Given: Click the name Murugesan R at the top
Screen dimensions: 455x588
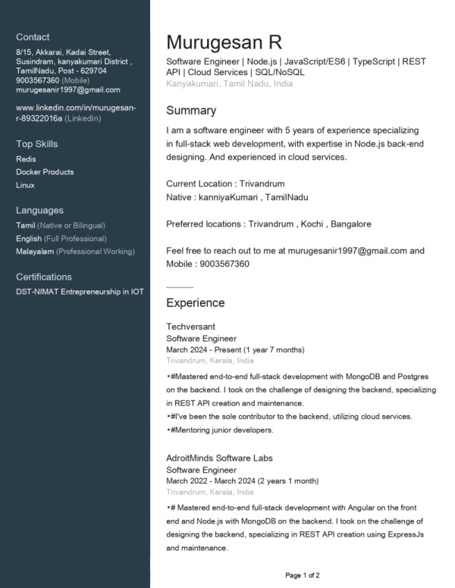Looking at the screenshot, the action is pos(224,42).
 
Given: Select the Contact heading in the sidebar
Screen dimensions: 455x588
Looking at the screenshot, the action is pos(33,37).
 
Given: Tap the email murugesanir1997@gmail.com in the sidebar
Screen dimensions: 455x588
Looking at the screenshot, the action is pos(68,89).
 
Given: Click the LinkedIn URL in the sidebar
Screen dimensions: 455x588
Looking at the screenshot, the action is pos(76,113).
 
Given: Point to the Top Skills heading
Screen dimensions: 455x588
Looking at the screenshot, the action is pos(36,144).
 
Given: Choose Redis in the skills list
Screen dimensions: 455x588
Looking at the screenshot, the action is pos(26,159).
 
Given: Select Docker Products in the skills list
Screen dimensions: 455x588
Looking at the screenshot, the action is pos(45,172).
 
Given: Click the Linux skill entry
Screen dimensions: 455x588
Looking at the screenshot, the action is pos(26,185).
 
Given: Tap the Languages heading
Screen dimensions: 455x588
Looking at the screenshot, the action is pos(39,211).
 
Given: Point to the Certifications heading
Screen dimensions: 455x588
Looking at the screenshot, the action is pos(44,277).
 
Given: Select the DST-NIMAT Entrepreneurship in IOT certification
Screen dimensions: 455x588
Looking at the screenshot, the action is pos(80,292).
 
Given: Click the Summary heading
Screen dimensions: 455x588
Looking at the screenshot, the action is pos(191,111).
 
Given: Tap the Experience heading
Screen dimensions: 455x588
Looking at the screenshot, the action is pos(196,303).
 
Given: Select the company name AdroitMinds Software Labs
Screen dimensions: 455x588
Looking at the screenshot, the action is pos(219,458).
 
